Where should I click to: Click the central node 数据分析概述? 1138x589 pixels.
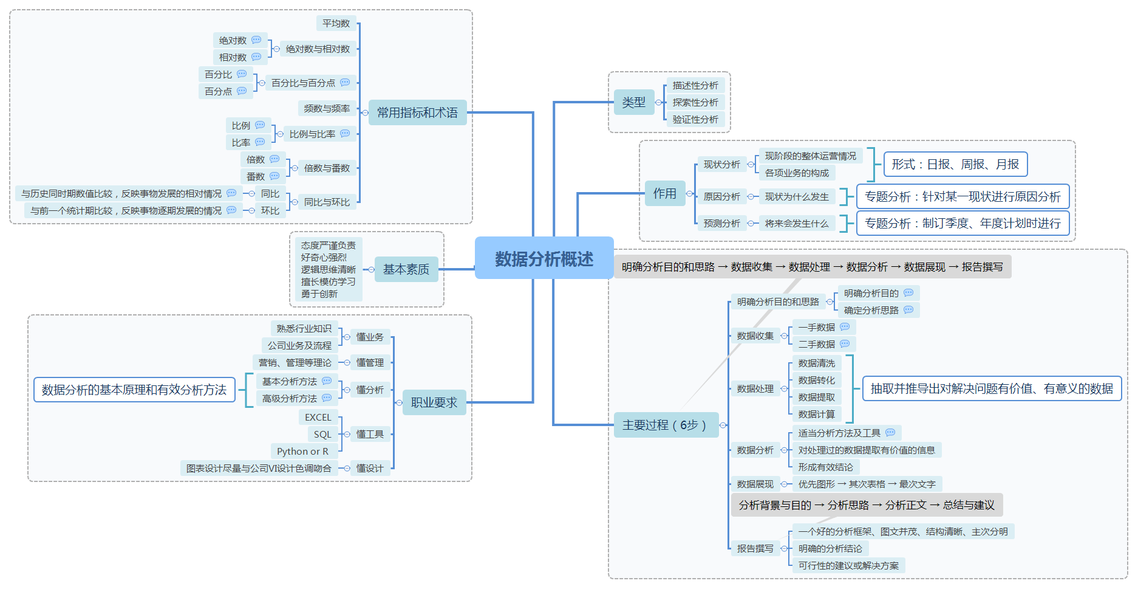[x=543, y=258]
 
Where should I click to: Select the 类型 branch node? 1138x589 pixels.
[x=633, y=102]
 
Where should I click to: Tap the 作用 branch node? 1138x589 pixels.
[x=664, y=193]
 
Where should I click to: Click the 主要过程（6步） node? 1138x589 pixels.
[x=664, y=425]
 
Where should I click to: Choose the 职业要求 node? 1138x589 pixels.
[x=434, y=402]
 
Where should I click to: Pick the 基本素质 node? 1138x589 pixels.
[x=406, y=269]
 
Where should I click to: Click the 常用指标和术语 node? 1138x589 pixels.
[x=417, y=112]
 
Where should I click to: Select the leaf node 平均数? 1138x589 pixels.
[x=336, y=23]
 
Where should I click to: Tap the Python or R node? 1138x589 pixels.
[x=302, y=451]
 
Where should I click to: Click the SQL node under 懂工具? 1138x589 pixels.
[x=322, y=434]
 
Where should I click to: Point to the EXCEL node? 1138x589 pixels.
[x=318, y=417]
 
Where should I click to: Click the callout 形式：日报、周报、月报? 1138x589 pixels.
[x=955, y=164]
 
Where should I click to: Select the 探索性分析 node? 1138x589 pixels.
[x=695, y=102]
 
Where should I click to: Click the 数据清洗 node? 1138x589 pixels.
[x=816, y=363]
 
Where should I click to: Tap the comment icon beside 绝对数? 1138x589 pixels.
[x=256, y=40]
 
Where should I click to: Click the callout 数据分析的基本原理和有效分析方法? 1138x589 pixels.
[x=134, y=390]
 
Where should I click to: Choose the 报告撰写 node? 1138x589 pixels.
[x=755, y=548]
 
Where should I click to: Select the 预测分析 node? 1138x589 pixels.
[x=721, y=223]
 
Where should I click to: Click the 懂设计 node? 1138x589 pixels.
[x=369, y=468]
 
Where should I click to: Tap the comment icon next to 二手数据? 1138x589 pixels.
[x=845, y=343]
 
